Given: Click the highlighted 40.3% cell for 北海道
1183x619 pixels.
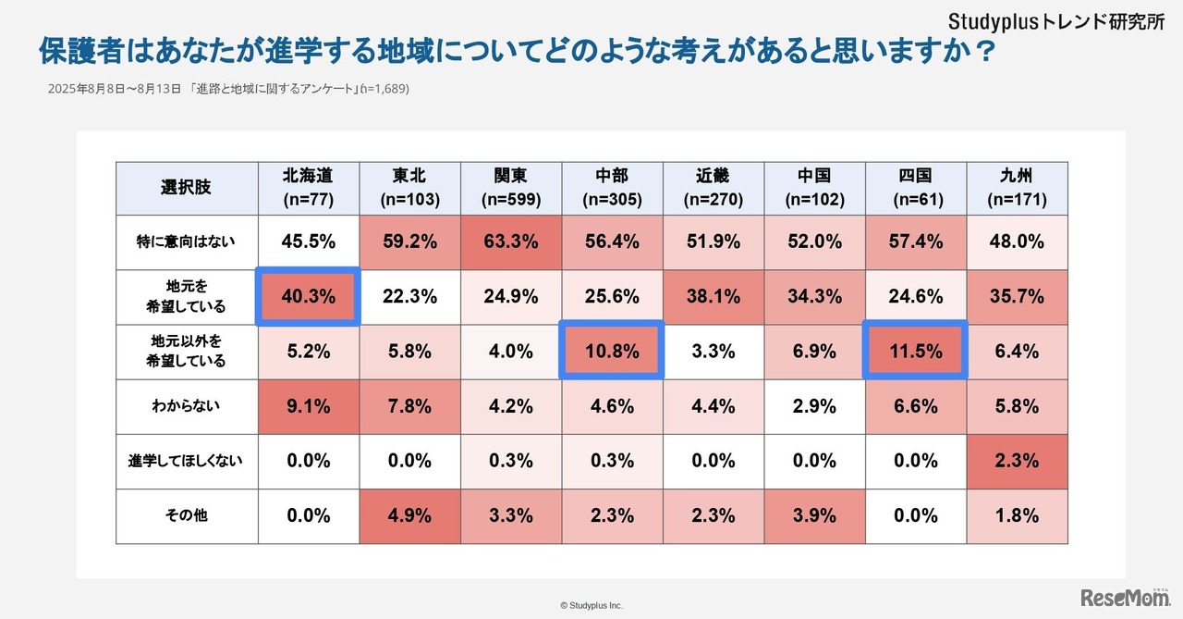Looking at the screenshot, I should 307,297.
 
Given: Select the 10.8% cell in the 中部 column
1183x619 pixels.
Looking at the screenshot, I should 612,351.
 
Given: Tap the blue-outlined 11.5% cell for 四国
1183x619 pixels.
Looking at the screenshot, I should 915,351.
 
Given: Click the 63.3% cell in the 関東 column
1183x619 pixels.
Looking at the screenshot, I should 510,242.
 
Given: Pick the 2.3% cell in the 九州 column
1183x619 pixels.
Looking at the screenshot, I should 1017,461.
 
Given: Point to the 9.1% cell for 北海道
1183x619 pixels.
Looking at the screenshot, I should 307,405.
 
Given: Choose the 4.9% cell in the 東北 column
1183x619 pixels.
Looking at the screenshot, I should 409,515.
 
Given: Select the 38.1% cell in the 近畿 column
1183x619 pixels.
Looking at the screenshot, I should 713,297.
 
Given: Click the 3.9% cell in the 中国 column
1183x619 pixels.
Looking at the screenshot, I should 814,515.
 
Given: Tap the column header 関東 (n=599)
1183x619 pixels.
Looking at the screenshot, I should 510,188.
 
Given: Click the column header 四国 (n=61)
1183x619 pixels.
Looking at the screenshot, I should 915,188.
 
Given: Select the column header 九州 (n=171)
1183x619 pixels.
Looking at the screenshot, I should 1017,188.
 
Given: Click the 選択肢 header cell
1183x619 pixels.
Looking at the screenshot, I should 186,188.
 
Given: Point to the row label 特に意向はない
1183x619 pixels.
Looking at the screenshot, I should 186,242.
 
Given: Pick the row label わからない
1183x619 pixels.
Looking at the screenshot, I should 186,405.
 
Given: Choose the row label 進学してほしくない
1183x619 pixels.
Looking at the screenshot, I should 186,461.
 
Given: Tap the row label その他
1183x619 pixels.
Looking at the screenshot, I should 186,515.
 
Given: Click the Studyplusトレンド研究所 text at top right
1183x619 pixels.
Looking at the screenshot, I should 1056,21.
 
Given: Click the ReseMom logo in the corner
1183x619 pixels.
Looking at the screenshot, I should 1127,597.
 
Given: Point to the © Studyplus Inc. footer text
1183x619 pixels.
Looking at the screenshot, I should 591,605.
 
